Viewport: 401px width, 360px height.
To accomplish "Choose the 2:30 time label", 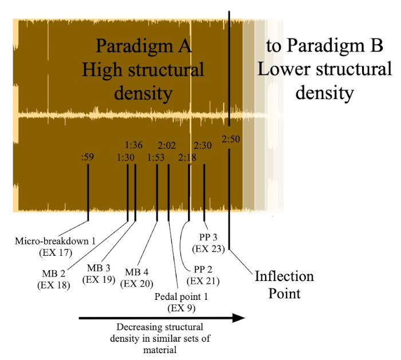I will (x=203, y=145).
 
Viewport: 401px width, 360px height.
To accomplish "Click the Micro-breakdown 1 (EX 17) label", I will (x=56, y=246).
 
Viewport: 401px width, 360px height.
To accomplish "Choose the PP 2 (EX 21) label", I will (x=204, y=275).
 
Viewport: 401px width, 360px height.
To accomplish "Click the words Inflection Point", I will (x=284, y=284).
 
